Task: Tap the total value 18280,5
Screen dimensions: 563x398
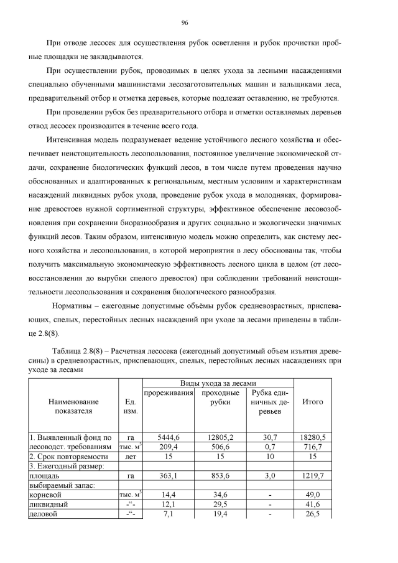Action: [x=313, y=437]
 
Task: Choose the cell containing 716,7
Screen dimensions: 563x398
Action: [x=313, y=447]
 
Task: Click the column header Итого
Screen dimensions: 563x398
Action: [x=313, y=402]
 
